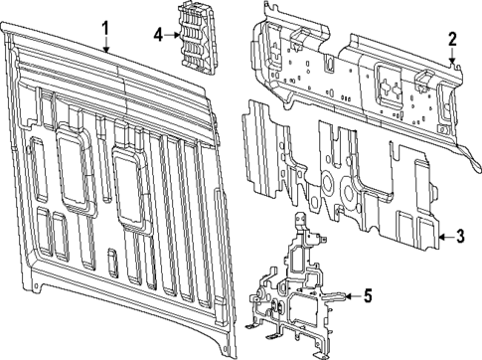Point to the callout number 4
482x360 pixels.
point(158,35)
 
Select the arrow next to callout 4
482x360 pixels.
point(171,35)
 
